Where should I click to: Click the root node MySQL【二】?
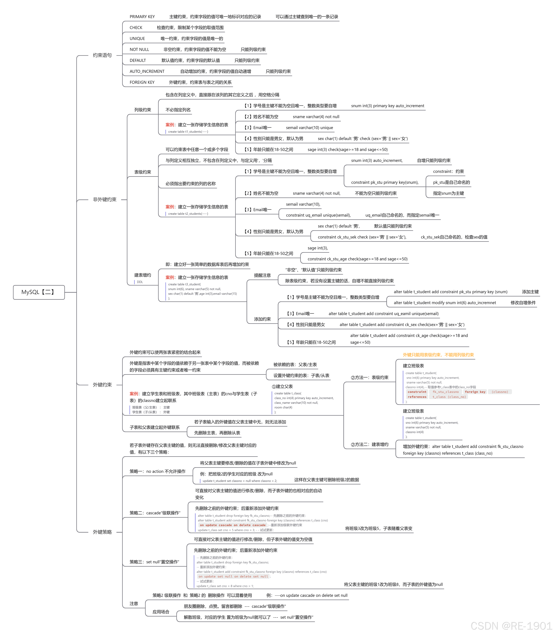(39, 292)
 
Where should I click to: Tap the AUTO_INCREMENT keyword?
(147, 71)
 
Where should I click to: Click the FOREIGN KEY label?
(142, 82)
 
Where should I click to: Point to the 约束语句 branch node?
(102, 55)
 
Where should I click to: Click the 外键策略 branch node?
(102, 532)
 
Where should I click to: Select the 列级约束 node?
(143, 110)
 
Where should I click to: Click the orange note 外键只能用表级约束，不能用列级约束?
(438, 355)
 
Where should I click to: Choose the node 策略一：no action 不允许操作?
(157, 472)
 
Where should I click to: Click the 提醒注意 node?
(262, 275)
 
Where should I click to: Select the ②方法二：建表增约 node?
(369, 445)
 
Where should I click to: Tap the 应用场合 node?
(161, 612)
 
